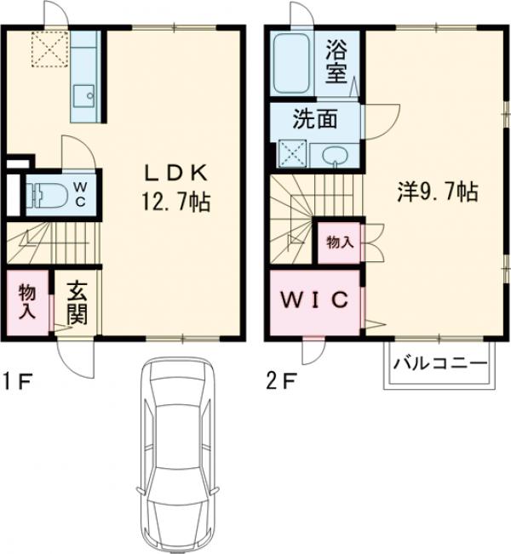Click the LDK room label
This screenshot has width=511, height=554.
point(175,172)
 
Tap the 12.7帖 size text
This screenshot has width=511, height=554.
point(175,203)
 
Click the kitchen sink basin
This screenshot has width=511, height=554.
point(84,95)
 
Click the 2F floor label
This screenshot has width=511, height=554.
point(281,380)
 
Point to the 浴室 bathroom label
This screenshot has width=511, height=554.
point(336,61)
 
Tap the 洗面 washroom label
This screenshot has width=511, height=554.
point(314,120)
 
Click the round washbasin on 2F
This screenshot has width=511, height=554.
point(336,155)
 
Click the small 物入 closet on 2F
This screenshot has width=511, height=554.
point(339,242)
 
